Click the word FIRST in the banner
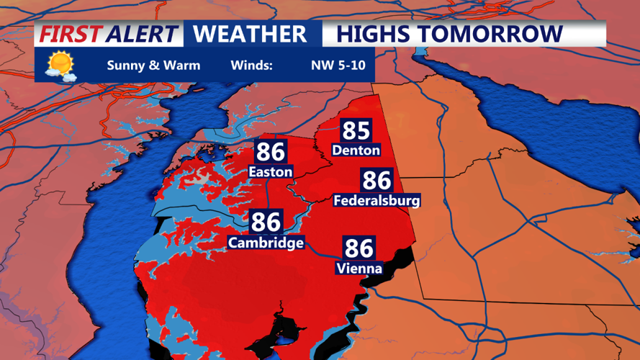click(70, 34)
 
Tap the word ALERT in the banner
click(140, 34)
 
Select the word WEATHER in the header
click(250, 34)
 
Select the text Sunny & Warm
click(153, 66)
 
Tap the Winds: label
click(251, 66)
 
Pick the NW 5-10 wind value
click(338, 66)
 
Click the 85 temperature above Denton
click(356, 130)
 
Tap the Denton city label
click(356, 150)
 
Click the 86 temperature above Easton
click(271, 152)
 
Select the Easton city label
click(271, 172)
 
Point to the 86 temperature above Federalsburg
click(377, 180)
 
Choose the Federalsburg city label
click(377, 200)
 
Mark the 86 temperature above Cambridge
click(266, 222)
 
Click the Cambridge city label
click(266, 243)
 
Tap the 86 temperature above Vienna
click(359, 248)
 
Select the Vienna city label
click(359, 269)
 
